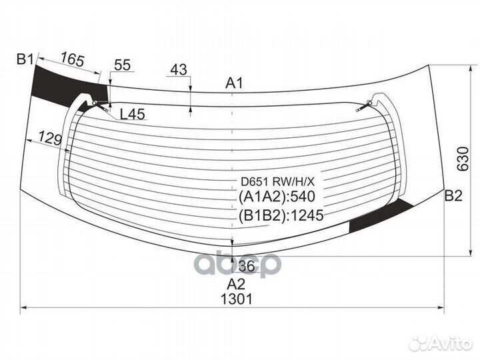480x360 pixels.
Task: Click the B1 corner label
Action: (25, 59)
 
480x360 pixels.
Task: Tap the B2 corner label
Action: (453, 195)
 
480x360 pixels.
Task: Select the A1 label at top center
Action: (234, 83)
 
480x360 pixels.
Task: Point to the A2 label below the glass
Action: (236, 284)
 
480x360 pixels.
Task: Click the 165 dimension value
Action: (72, 59)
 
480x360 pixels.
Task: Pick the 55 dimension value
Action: (123, 65)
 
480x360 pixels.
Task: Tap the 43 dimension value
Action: (179, 69)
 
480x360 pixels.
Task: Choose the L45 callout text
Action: (133, 114)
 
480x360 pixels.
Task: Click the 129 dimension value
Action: (50, 139)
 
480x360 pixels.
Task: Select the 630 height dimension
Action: (463, 159)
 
